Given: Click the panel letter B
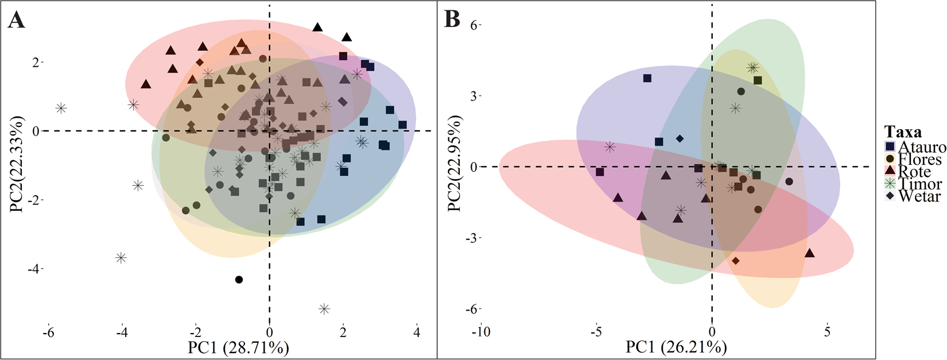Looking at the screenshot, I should [x=452, y=20].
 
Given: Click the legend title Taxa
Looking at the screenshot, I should [x=904, y=131].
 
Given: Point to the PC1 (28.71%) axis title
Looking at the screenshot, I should [x=238, y=347].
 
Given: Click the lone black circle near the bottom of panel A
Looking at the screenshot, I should [x=239, y=280].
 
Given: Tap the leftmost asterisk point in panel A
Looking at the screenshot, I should [x=61, y=108].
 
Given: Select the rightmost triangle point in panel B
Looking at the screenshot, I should [x=810, y=253].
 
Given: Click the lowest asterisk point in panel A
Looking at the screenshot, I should [x=324, y=309].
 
